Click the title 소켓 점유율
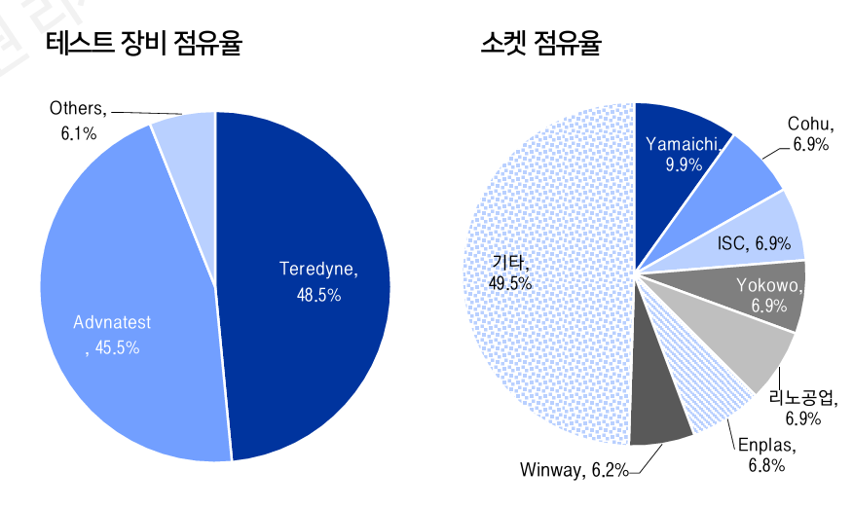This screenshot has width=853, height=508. [x=540, y=44]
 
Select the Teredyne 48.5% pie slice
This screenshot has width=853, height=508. [x=312, y=214]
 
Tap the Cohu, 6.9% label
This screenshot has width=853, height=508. [x=808, y=134]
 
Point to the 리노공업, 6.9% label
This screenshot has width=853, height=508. [x=800, y=408]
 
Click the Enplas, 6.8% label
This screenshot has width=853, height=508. [x=766, y=455]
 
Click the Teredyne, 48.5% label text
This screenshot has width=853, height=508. [x=318, y=280]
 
